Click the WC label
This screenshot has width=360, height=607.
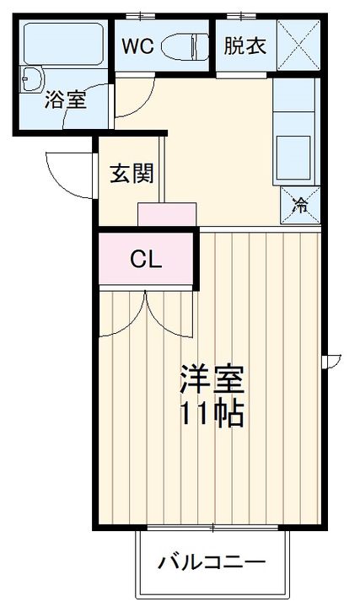tap(137, 46)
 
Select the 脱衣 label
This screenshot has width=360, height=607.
tap(244, 46)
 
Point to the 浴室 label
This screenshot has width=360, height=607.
tap(65, 101)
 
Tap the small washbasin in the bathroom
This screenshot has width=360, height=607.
tap(33, 82)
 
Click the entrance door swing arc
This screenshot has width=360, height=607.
tap(67, 173)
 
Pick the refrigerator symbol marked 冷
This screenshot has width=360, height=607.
tap(300, 203)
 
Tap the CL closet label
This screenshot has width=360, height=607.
tap(147, 260)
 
